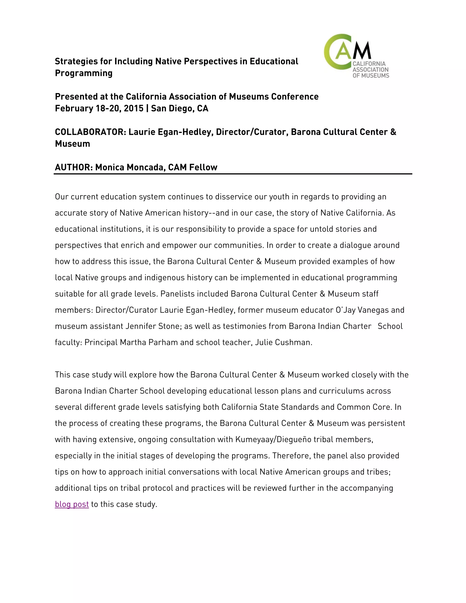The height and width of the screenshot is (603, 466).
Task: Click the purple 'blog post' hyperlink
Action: [72, 504]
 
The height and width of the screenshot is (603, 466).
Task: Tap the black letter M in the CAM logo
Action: [362, 51]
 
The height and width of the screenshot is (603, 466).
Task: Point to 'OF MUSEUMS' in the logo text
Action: [371, 75]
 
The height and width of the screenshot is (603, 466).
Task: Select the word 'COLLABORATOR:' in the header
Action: [91, 132]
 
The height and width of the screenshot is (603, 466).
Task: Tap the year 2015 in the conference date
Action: [134, 108]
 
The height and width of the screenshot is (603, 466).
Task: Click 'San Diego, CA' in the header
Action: [180, 108]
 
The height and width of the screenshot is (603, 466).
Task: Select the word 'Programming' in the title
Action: [84, 73]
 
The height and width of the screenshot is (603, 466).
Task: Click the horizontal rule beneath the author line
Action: [233, 174]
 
